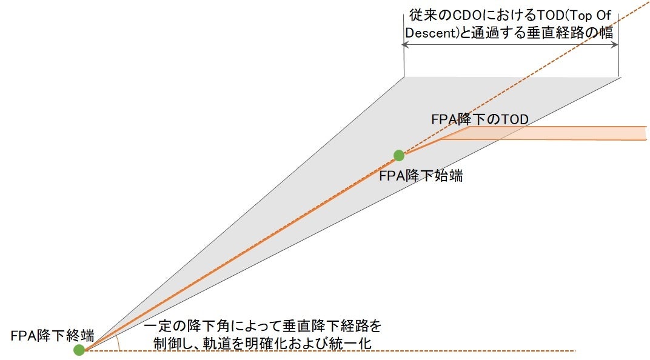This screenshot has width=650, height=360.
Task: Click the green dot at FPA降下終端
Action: tap(79, 350)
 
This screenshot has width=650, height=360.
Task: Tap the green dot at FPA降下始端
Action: tap(398, 155)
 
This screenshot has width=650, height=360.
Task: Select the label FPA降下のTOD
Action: tap(480, 119)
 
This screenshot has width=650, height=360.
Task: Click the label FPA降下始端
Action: tap(421, 176)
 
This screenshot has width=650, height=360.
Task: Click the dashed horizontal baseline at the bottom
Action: tap(364, 350)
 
